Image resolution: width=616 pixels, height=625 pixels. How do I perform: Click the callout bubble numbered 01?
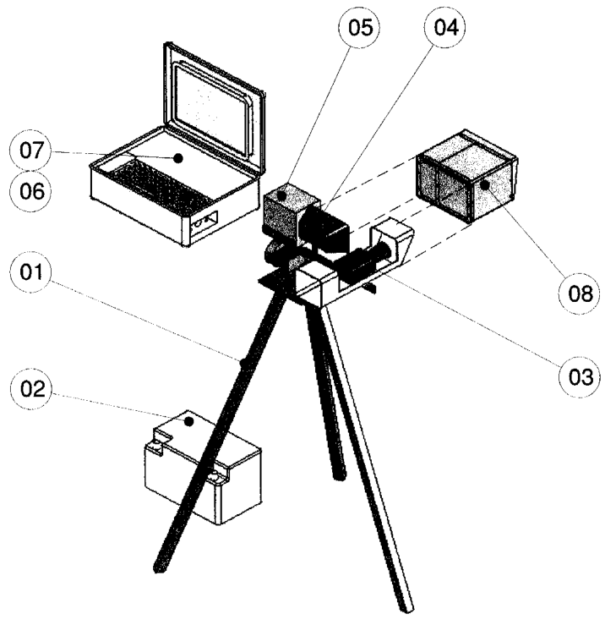30,272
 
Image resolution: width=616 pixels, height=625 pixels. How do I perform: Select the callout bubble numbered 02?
31,389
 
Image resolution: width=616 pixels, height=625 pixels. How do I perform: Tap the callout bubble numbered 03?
580,376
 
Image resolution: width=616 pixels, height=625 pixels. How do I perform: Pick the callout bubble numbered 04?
445,28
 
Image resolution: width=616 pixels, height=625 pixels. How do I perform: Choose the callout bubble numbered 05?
359,28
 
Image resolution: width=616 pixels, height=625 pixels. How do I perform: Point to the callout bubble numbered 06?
30,191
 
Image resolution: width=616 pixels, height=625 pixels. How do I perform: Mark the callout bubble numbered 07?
30,151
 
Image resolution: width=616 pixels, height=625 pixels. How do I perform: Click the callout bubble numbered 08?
580,293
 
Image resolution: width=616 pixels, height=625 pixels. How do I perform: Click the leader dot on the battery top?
190,421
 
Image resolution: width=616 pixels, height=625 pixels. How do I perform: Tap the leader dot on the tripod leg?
243,362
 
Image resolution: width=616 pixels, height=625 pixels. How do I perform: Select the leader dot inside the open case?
178,158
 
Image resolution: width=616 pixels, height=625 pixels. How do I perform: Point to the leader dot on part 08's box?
484,185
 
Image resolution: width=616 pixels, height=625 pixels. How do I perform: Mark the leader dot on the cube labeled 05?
282,195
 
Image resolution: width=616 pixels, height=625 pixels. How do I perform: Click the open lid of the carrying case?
214,107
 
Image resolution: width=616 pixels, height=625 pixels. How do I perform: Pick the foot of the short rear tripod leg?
339,474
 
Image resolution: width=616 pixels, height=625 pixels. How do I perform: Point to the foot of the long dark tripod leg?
160,567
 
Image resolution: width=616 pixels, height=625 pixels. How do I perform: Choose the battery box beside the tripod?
203,467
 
